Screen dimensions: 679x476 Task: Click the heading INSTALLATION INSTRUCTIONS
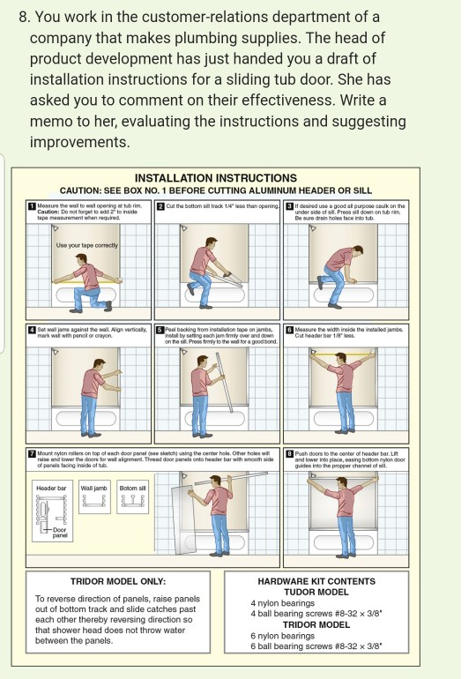[x=216, y=177]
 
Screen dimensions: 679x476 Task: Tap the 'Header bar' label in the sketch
[x=51, y=487]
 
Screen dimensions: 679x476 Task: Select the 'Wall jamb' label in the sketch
[x=93, y=487]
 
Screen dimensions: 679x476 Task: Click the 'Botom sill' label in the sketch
[x=132, y=487]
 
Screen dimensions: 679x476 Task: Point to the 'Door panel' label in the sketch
[x=59, y=533]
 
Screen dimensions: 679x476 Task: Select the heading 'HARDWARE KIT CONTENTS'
[x=316, y=581]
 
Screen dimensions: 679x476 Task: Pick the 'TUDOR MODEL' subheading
[x=316, y=592]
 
